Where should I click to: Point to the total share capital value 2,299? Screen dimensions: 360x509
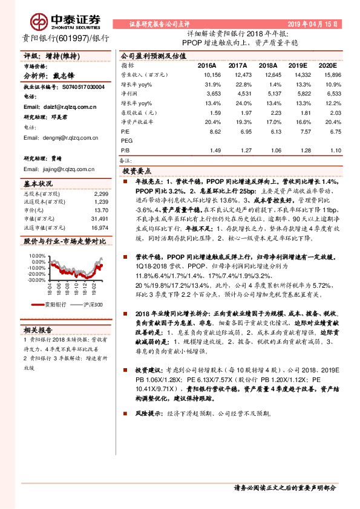click(101, 194)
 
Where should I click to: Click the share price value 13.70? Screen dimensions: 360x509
click(101, 209)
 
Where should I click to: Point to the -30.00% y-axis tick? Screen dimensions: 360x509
click(36, 280)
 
